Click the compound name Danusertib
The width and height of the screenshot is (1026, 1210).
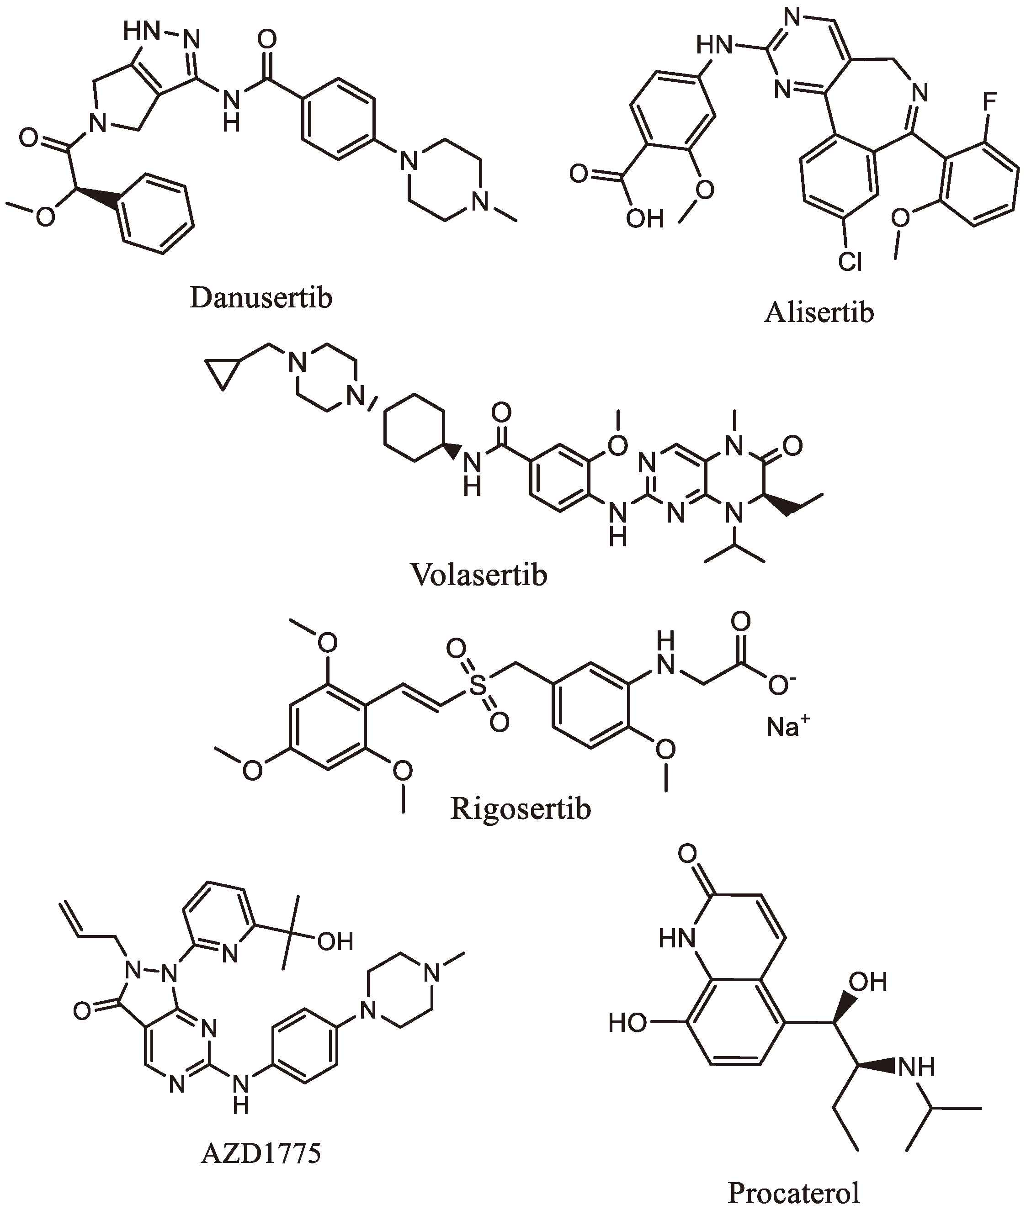(x=260, y=297)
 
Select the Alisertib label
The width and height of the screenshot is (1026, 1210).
(x=819, y=313)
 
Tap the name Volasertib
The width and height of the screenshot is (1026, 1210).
(x=478, y=575)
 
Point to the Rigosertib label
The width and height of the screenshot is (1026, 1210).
(x=520, y=808)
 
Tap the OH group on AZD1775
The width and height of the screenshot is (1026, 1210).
(x=335, y=941)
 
